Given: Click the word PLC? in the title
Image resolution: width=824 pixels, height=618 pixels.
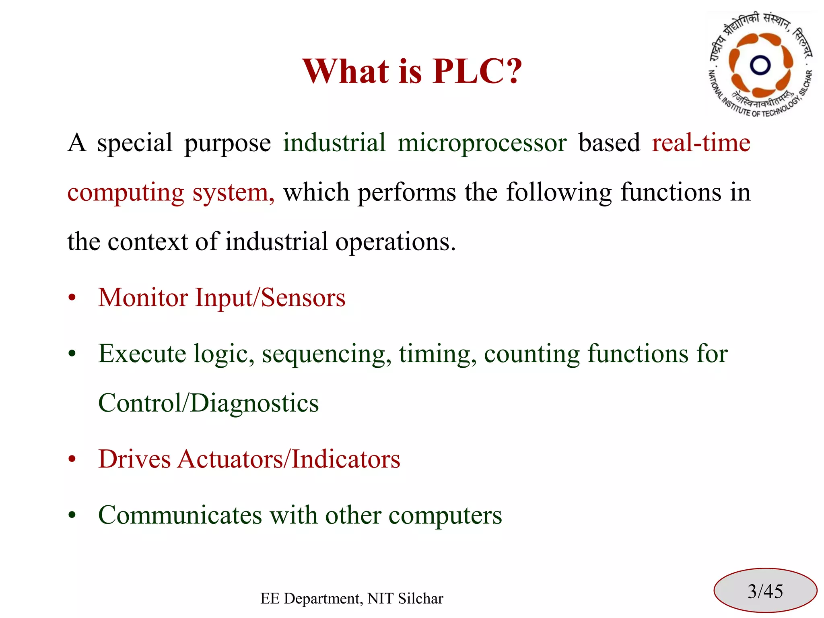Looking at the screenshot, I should point(477,71).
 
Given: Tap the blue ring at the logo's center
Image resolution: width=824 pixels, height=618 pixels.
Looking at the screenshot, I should point(760,65).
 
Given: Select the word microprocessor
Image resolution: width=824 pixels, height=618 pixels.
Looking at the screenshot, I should point(482,143).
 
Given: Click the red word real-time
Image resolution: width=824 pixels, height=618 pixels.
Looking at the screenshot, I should point(701,143).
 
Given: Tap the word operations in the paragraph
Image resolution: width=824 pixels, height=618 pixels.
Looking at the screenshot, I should point(395,242).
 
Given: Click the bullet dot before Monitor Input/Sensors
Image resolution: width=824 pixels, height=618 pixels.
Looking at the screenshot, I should point(72,298).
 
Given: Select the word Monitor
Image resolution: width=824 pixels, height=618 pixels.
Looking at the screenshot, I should point(143,298).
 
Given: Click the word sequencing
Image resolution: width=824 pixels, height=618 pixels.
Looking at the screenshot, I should point(326,354).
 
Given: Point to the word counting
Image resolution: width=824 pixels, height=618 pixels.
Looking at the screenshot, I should point(531,354).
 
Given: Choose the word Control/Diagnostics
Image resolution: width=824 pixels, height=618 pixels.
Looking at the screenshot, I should point(208,403).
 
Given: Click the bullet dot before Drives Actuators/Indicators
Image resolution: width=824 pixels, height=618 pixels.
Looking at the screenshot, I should point(72,459).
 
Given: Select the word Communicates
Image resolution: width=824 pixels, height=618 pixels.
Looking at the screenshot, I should point(180,515).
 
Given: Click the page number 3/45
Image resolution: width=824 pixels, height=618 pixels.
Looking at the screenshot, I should point(765,591).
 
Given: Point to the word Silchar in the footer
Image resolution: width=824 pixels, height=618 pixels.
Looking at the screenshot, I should point(420,599).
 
